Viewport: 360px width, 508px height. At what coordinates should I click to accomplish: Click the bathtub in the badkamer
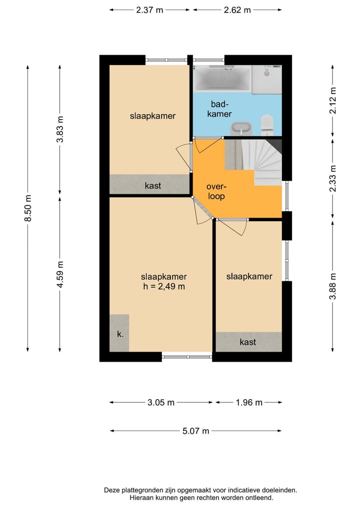pyautogui.click(x=222, y=79)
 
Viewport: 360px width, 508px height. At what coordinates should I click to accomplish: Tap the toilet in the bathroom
pyautogui.click(x=267, y=125)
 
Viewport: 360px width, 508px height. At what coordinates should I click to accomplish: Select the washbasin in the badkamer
pyautogui.click(x=240, y=128)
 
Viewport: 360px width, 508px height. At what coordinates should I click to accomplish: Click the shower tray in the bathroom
pyautogui.click(x=267, y=80)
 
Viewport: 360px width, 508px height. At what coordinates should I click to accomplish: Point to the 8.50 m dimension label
pyautogui.click(x=28, y=208)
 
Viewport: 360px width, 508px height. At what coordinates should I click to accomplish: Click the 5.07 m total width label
pyautogui.click(x=195, y=431)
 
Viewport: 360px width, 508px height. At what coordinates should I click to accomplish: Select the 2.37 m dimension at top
pyautogui.click(x=149, y=10)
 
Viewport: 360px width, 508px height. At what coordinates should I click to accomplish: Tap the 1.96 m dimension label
pyautogui.click(x=249, y=403)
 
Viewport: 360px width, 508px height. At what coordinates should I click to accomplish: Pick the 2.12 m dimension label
pyautogui.click(x=333, y=101)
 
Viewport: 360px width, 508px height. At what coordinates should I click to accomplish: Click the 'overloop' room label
pyautogui.click(x=216, y=191)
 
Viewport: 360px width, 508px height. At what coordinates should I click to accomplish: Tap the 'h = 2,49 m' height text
pyautogui.click(x=164, y=286)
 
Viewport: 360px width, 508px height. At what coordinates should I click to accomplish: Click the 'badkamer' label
pyautogui.click(x=219, y=109)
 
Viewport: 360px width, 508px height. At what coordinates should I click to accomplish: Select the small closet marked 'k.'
pyautogui.click(x=119, y=333)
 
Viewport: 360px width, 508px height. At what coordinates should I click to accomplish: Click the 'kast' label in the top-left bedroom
pyautogui.click(x=153, y=186)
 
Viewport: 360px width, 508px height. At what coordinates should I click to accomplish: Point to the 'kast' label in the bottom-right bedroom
pyautogui.click(x=248, y=342)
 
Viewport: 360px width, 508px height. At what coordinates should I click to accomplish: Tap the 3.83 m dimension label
pyautogui.click(x=60, y=129)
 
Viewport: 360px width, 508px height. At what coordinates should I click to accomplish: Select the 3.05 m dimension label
pyautogui.click(x=161, y=403)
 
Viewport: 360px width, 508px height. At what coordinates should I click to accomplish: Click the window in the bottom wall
pyautogui.click(x=187, y=357)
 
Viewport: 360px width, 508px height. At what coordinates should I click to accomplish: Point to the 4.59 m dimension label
pyautogui.click(x=60, y=274)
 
